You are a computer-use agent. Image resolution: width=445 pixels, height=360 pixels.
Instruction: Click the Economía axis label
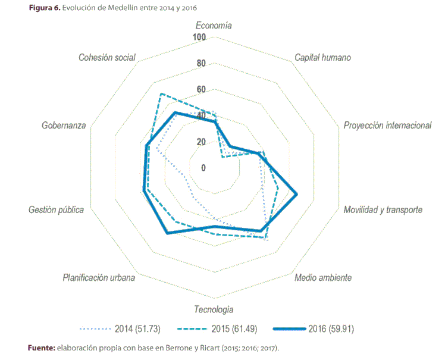point(214,26)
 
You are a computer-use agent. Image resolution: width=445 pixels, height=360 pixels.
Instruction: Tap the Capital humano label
point(322,58)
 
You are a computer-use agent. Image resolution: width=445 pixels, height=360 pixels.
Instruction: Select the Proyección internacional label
point(387,126)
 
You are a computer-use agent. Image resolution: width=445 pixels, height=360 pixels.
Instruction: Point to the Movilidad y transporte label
point(383,210)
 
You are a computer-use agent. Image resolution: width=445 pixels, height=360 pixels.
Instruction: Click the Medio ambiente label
point(323,278)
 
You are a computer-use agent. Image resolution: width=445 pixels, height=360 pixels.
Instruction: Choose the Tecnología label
point(214,309)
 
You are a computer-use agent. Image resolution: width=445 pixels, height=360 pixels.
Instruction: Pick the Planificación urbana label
point(99,278)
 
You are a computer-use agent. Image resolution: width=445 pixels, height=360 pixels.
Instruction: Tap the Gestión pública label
point(56,210)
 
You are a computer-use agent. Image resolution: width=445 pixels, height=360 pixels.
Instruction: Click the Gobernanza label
point(64,126)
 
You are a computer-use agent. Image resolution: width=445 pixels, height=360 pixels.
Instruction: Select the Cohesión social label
point(107,58)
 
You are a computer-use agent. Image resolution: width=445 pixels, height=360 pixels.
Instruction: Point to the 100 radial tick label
point(199,37)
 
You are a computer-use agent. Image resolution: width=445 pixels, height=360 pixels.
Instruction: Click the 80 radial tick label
point(201,64)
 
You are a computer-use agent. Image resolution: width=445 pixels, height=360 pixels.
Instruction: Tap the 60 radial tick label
point(201,90)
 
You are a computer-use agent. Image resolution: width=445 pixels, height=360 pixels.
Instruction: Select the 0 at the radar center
point(203,168)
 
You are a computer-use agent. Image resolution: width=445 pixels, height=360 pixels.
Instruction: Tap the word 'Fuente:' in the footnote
point(42,348)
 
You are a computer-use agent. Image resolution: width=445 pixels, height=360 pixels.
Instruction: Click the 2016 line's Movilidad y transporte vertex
point(296,194)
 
